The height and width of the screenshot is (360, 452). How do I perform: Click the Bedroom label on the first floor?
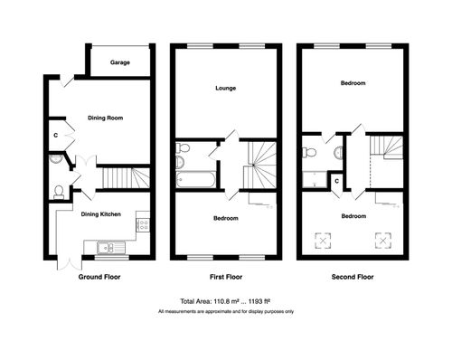click(225, 219)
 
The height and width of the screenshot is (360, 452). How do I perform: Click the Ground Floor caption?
click(100, 277)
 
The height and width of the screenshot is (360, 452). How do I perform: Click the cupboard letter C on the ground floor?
click(55, 135)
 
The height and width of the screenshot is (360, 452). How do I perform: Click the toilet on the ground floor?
click(58, 191)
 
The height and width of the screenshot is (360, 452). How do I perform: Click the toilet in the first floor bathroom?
click(181, 160)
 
